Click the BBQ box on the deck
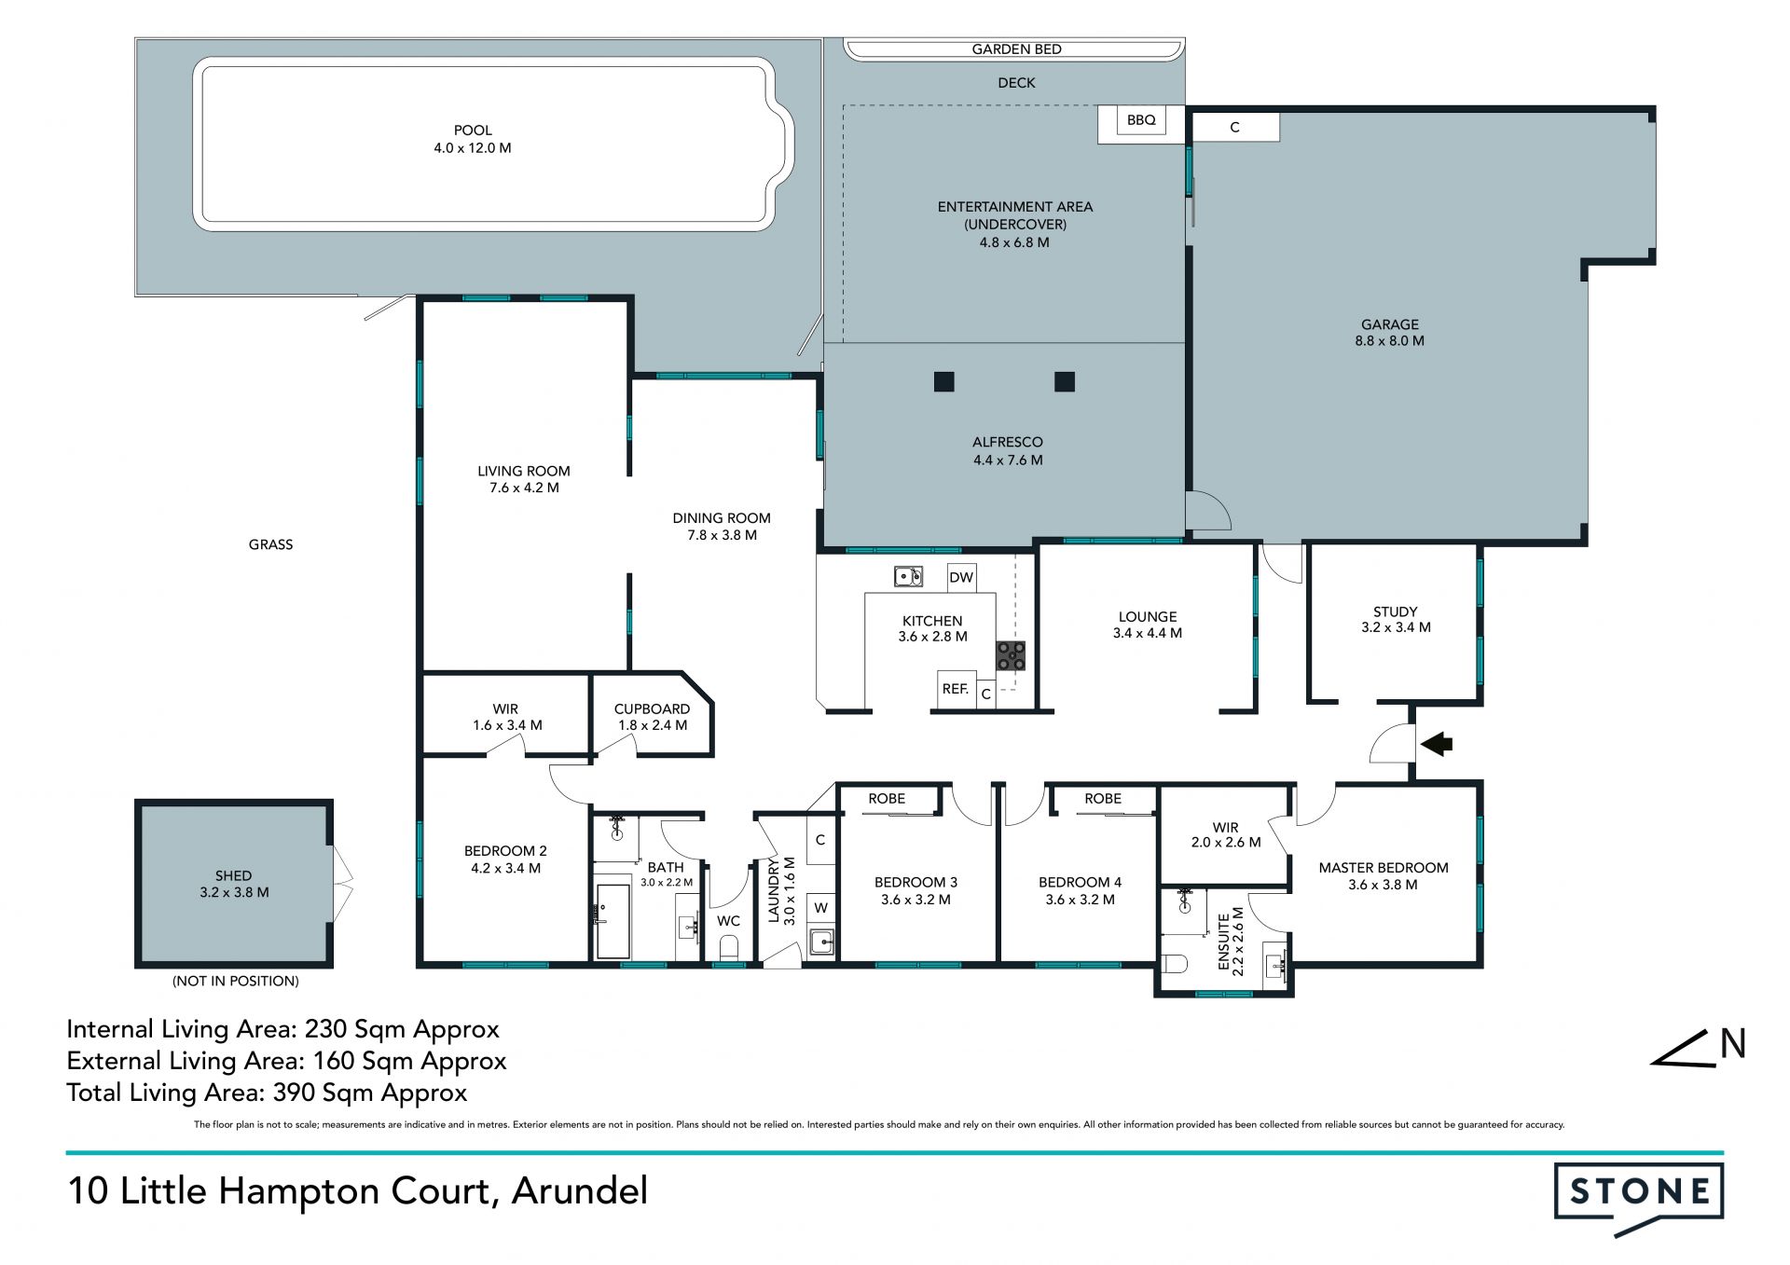tap(1141, 120)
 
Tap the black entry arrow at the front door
tap(1436, 743)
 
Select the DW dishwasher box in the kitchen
tap(961, 577)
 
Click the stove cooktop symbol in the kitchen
tap(1011, 655)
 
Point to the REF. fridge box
tap(957, 689)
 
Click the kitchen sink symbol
tap(908, 577)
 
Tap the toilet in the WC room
tap(729, 948)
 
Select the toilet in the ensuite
tap(1174, 963)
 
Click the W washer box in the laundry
tap(820, 907)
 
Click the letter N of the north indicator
tap(1733, 1044)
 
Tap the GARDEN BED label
tap(1016, 49)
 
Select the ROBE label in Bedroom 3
tap(887, 799)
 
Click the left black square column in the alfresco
tap(944, 381)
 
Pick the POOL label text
tap(473, 131)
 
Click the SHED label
tap(233, 875)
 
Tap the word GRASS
tap(270, 544)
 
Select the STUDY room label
tap(1395, 612)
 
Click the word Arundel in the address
tap(579, 1191)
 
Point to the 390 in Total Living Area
tap(295, 1093)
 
